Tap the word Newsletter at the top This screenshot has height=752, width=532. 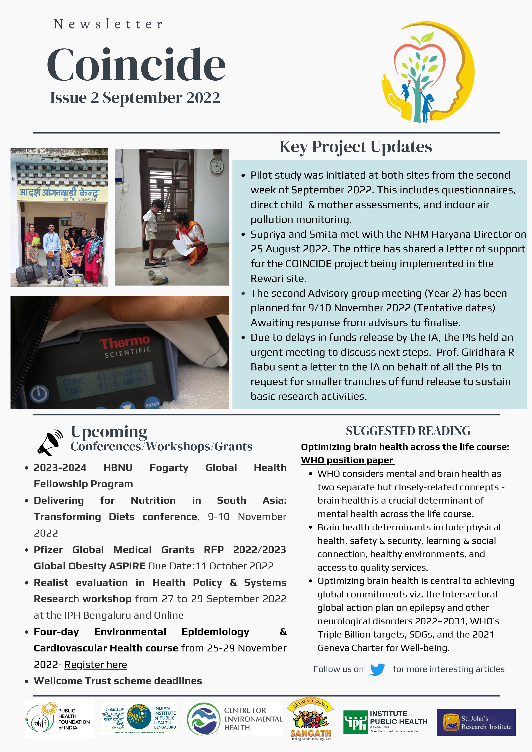(x=108, y=24)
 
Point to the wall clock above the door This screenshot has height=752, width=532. (x=216, y=166)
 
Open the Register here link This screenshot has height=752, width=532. (x=95, y=665)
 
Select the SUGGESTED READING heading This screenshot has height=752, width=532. (x=408, y=431)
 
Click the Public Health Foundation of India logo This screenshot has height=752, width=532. (x=59, y=719)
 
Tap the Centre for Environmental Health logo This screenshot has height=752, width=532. (x=234, y=719)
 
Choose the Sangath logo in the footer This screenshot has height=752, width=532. (x=310, y=719)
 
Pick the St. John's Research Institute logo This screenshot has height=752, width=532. (x=476, y=722)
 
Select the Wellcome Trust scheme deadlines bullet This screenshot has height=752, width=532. (x=118, y=681)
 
